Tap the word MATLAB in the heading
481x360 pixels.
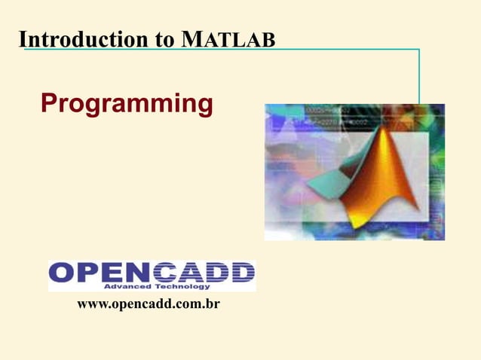point(228,39)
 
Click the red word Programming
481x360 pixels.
point(127,105)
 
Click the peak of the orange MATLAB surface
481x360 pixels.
point(391,133)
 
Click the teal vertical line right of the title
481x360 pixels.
point(418,75)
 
